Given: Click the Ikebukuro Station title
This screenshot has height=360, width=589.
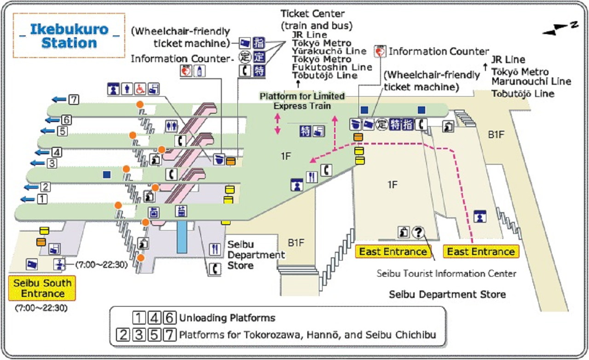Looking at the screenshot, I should (69, 36).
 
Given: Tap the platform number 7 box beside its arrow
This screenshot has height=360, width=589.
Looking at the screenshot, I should (74, 99).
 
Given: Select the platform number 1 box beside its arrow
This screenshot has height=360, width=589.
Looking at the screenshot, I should (42, 199).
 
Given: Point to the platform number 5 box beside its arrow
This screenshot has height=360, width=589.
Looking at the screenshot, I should (62, 131).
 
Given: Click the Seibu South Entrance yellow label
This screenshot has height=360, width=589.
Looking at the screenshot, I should (42, 288).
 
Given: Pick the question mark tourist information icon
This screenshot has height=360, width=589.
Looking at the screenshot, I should (417, 232).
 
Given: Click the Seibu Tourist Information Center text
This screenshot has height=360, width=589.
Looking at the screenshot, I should (446, 273).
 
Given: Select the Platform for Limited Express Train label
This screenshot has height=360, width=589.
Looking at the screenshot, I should (302, 101).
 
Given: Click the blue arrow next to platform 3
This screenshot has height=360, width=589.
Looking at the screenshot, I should (36, 163).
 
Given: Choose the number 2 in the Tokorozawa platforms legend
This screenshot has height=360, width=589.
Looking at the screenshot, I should (123, 334).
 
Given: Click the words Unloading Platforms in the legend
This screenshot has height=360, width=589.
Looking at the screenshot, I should (227, 318).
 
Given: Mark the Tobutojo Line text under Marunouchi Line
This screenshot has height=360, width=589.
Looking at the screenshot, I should (523, 93).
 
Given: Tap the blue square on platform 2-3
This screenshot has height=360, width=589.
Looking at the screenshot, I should (107, 174).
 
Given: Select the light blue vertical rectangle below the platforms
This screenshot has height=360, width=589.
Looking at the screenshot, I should (182, 237).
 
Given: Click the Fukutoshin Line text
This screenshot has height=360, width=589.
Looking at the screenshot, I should (332, 67).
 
